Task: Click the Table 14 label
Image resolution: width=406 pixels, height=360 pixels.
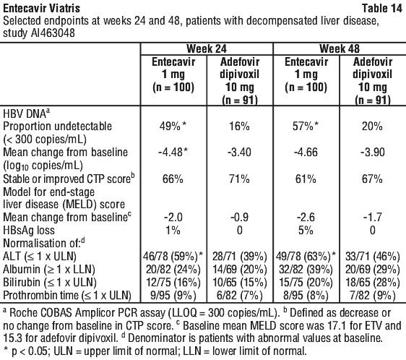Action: coord(381,8)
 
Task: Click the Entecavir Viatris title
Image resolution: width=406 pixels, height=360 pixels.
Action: coord(42,8)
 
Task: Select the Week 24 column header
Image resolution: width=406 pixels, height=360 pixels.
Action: coord(207,48)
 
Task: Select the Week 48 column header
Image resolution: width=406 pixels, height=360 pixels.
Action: coord(340,48)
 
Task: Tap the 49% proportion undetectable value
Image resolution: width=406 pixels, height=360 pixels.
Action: coord(173,127)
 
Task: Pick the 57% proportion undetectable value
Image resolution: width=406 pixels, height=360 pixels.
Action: coord(306,127)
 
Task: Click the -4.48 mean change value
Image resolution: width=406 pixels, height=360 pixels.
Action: coord(173,152)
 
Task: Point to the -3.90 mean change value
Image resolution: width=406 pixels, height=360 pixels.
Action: coord(372,152)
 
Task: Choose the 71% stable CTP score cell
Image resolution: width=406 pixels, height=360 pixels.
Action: coord(239,179)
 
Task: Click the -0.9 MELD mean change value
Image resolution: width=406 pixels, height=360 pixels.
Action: coord(239,217)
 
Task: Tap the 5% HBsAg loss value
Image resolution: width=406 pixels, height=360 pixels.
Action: coord(306,230)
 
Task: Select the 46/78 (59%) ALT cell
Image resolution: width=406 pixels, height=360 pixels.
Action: coord(173,257)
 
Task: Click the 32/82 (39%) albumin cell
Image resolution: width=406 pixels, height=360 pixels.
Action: coord(306,270)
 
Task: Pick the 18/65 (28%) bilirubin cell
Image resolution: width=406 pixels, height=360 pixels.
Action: coord(372,282)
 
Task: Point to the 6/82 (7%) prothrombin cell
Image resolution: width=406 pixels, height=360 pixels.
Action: coord(239,296)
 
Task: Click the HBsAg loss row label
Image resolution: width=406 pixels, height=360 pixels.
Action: coord(29,230)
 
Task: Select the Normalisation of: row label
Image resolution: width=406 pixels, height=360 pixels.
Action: coord(44,243)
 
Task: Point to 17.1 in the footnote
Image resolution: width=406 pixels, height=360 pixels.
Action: coord(360,326)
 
